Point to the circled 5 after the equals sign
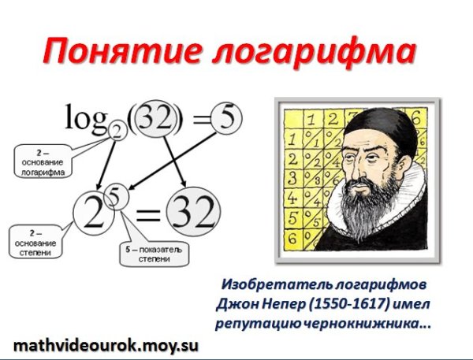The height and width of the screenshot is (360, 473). [226, 121]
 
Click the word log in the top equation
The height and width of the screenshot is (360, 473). [84, 120]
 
